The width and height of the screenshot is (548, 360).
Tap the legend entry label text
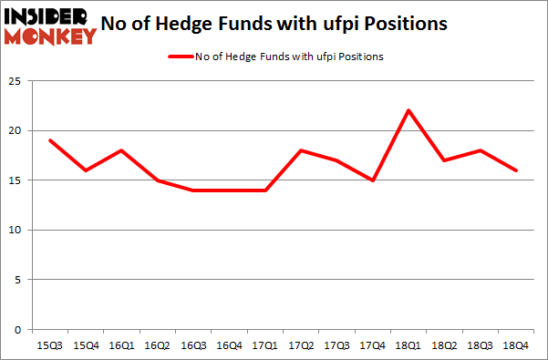tap(290, 57)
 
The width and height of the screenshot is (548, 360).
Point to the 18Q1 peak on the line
tap(409, 110)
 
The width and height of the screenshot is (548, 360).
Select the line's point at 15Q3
tap(50, 140)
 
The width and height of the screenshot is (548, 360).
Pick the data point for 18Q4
tap(517, 170)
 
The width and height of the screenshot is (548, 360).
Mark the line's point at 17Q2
tap(302, 150)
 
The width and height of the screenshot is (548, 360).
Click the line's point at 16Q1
tap(122, 150)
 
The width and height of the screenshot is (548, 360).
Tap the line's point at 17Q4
tap(374, 180)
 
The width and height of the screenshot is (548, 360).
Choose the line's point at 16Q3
tap(194, 190)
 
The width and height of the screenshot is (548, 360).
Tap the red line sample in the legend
tap(180, 57)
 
